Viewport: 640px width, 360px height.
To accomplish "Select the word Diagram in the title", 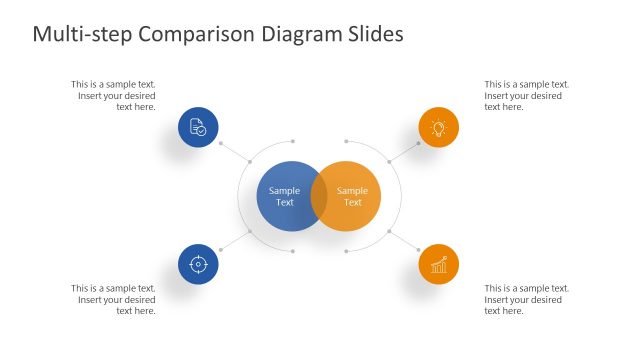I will click(299, 34).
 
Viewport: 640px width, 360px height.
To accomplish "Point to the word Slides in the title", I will click(372, 34).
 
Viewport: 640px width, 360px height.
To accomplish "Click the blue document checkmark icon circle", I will click(198, 128).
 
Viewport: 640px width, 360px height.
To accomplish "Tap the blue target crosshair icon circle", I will click(198, 264).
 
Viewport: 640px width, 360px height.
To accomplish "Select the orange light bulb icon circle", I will click(438, 128).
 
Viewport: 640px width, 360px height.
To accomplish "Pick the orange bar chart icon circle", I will click(438, 264).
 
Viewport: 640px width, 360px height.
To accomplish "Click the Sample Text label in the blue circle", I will click(284, 196).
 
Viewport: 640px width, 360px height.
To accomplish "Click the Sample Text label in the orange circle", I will click(353, 196).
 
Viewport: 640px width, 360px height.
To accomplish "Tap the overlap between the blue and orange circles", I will click(319, 196).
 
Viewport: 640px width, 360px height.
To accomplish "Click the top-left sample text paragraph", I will click(113, 95).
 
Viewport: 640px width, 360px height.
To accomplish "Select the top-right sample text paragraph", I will click(526, 95).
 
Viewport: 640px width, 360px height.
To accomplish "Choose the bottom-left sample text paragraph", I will click(113, 299).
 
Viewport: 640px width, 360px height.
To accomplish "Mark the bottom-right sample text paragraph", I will click(526, 299).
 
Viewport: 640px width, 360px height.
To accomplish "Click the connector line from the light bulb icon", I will click(405, 150).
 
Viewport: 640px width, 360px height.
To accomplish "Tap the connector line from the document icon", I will click(233, 151).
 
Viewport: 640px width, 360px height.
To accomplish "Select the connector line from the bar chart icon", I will click(405, 241).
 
